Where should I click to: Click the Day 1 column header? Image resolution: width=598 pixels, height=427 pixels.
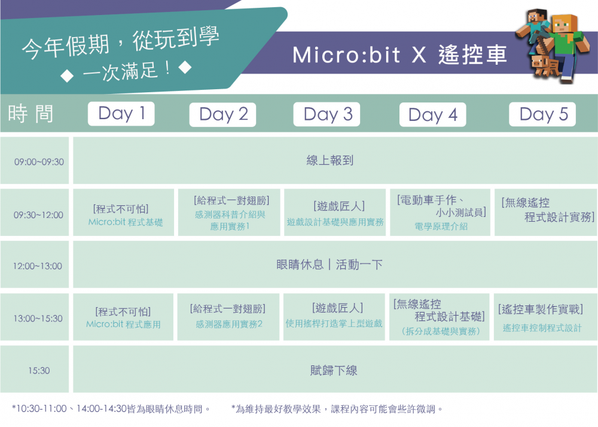121,113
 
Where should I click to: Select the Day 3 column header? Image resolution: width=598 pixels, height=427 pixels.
327,114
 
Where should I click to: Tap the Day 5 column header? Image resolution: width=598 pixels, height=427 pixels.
542,114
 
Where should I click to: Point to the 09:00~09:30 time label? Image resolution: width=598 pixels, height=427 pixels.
39,162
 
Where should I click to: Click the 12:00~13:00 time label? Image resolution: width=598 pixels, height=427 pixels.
37,267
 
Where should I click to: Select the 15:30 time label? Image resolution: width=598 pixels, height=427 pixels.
39,371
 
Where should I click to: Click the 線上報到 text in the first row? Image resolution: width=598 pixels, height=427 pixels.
330,160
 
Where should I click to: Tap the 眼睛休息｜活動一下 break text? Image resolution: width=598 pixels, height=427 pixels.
329,264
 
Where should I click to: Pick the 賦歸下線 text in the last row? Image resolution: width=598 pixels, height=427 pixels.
334,370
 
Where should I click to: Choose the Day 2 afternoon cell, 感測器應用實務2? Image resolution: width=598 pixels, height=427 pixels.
228,317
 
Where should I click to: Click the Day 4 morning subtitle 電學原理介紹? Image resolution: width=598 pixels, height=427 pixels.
441,226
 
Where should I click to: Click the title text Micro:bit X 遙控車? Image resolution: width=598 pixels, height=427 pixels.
399,54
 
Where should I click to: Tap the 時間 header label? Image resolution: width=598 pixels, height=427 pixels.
30,113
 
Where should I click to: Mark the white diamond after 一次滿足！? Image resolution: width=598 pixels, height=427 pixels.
185,68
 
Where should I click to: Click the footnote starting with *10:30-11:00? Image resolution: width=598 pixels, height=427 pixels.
111,409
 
